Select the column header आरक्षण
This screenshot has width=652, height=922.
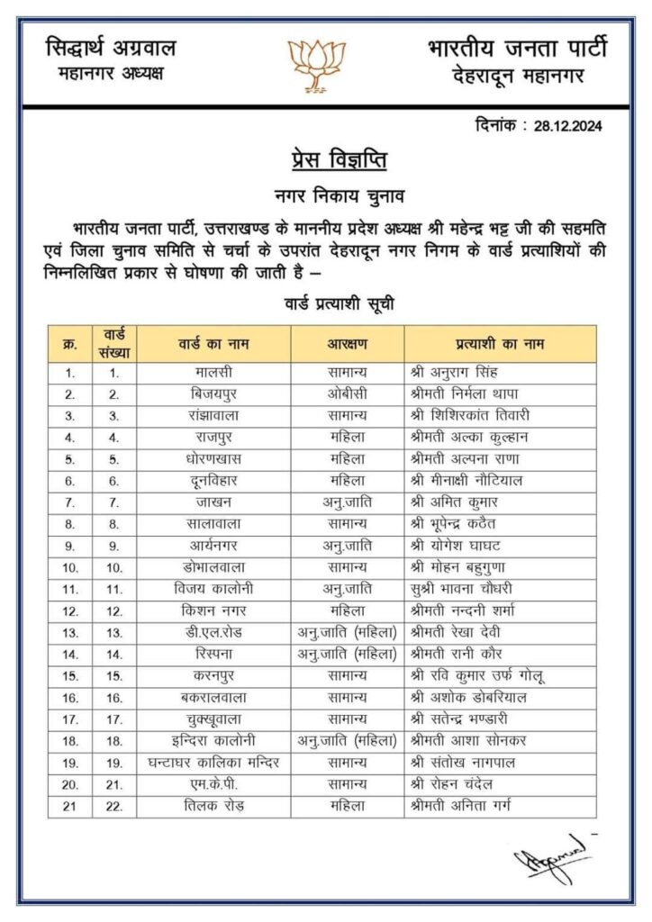(x=347, y=344)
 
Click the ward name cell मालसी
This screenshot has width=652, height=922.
(x=213, y=372)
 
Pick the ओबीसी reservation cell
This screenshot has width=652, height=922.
(x=347, y=393)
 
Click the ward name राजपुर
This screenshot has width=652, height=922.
(x=213, y=437)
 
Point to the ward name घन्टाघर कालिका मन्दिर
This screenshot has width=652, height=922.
(x=213, y=762)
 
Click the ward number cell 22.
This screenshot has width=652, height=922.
(x=114, y=805)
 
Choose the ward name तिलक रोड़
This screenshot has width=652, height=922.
(x=213, y=805)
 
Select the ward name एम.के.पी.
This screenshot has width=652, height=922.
(x=213, y=783)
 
